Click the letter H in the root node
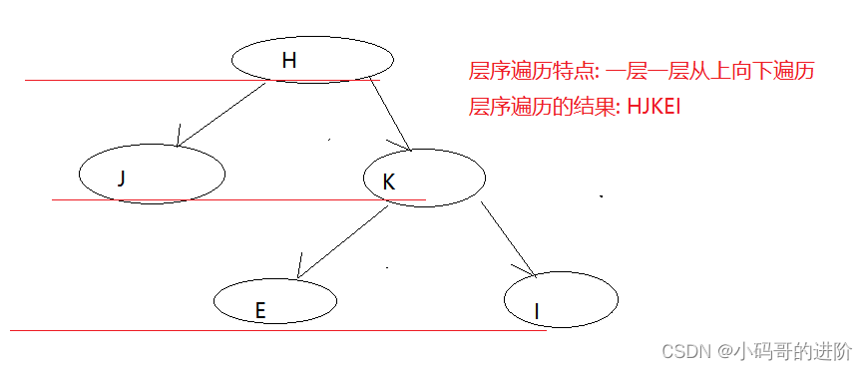(x=289, y=61)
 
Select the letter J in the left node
(x=121, y=179)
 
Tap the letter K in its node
(x=389, y=181)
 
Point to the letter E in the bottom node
(x=260, y=310)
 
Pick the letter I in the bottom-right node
(x=537, y=312)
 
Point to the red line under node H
(x=120, y=80)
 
